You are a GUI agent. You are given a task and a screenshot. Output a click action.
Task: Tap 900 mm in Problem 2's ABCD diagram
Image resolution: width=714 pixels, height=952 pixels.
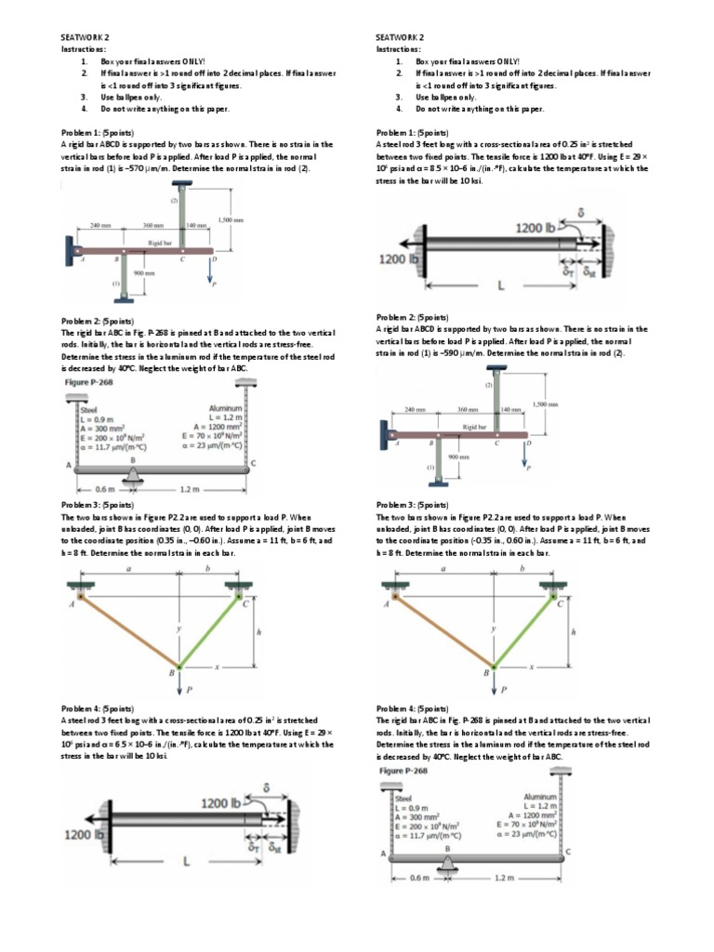click(459, 456)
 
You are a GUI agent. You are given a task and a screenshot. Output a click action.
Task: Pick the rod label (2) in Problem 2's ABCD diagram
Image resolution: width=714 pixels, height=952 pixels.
click(488, 384)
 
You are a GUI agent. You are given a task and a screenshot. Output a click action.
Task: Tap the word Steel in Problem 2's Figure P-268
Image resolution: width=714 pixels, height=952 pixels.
click(90, 408)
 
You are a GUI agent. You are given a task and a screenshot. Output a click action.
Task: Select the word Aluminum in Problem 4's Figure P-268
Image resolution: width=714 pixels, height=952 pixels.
click(540, 797)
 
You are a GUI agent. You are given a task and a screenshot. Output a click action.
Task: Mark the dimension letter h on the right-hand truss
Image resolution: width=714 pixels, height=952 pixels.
click(574, 631)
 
